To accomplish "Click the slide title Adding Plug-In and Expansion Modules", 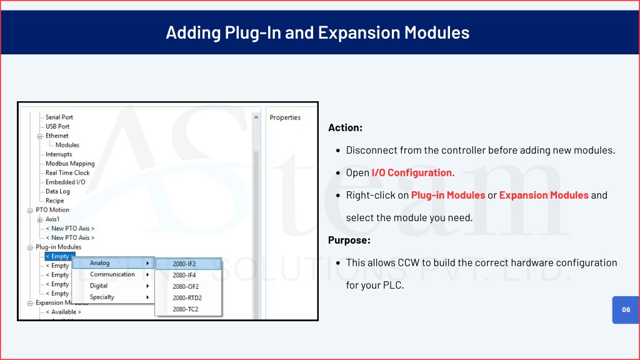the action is [x=317, y=32].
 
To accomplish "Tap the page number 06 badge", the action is [x=626, y=310].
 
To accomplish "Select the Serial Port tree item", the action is [x=59, y=117].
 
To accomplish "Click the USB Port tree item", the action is [x=57, y=126].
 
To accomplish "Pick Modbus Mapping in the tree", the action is [x=70, y=164].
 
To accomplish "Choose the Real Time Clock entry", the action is [x=67, y=172].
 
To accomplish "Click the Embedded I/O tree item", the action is [x=65, y=182].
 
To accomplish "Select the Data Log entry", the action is [x=57, y=191].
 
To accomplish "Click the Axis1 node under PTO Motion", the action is [x=52, y=219].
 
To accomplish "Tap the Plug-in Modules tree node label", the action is [x=58, y=247].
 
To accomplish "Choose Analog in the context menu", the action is [x=99, y=263].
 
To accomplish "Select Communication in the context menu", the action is [x=112, y=274].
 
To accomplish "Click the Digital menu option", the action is [x=99, y=286].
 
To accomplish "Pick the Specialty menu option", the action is [x=102, y=297].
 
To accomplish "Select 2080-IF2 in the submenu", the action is [x=184, y=264].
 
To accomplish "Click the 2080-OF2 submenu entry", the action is [x=186, y=286].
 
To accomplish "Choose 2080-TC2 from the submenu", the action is [x=185, y=309].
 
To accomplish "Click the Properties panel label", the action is [x=285, y=117].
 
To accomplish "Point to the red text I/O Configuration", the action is [x=411, y=172].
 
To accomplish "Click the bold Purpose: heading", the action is [x=349, y=240].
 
